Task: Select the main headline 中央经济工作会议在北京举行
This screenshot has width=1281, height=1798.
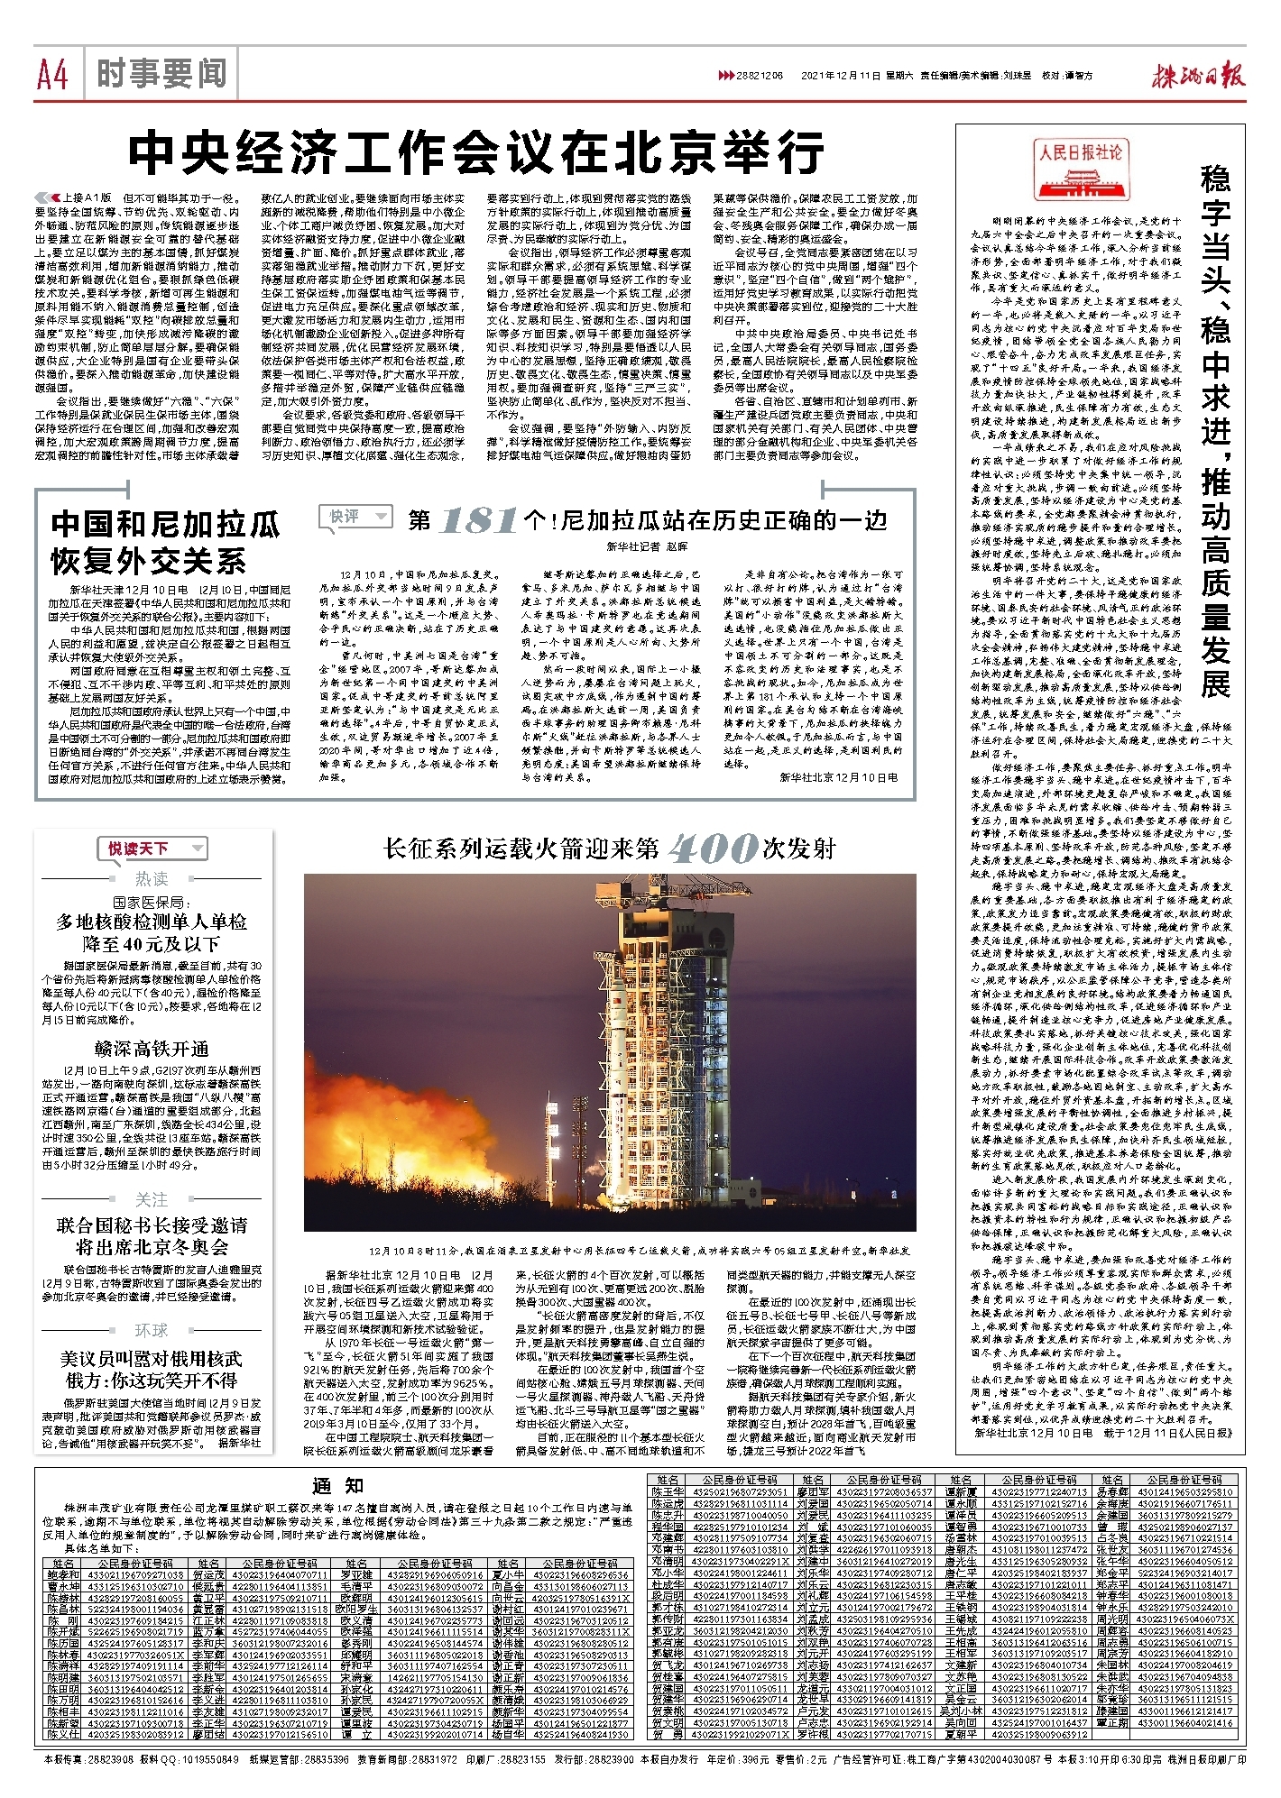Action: [x=476, y=154]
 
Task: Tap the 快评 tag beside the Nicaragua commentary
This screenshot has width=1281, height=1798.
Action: [x=355, y=517]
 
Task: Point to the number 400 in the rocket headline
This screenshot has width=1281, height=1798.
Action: [x=713, y=849]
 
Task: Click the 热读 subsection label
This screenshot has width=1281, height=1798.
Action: [x=152, y=878]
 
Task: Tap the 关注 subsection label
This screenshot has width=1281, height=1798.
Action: [x=152, y=1199]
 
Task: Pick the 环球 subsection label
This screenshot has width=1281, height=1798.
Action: [x=152, y=1330]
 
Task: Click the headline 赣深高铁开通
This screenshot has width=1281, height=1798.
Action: [x=152, y=1049]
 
